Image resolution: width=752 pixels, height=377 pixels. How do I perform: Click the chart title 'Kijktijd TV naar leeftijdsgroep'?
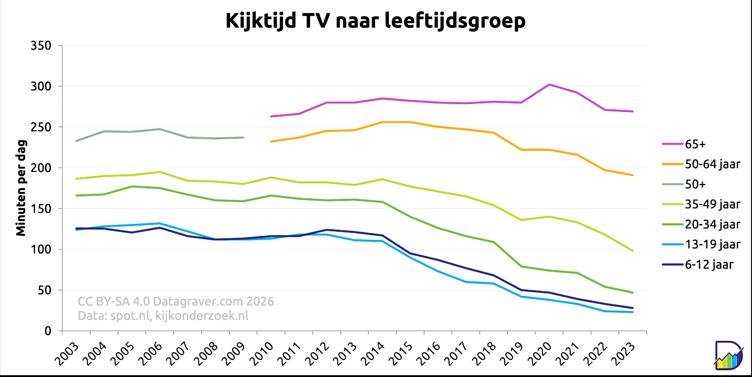click(x=375, y=21)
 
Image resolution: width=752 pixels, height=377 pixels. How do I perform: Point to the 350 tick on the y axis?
click(x=41, y=46)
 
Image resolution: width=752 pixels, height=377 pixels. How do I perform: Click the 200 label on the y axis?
click(x=41, y=168)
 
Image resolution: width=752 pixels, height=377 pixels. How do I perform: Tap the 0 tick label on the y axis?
click(x=48, y=331)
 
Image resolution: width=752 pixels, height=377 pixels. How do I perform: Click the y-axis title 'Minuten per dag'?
click(x=21, y=188)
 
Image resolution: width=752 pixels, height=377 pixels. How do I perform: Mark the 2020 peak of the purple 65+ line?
click(x=549, y=84)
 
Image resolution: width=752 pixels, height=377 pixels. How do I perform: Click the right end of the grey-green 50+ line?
click(x=243, y=137)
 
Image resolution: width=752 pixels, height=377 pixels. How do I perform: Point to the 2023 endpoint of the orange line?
click(x=633, y=175)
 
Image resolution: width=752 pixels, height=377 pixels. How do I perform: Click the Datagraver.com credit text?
click(x=176, y=301)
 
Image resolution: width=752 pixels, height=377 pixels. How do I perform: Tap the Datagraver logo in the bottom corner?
click(x=728, y=355)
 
